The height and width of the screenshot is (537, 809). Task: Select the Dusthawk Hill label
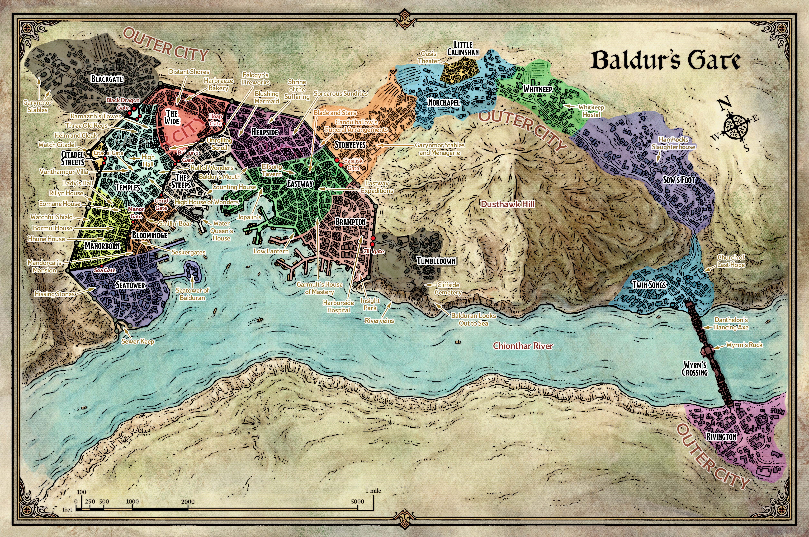[507, 204]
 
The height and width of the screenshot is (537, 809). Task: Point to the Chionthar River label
[523, 346]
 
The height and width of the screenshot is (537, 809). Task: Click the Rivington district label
[721, 437]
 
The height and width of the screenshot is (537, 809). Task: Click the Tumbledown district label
[436, 261]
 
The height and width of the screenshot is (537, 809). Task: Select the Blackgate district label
[107, 79]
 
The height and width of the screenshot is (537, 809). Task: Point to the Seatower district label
[130, 285]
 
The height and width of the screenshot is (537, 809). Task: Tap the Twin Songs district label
[649, 285]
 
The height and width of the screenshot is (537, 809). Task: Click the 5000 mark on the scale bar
[357, 501]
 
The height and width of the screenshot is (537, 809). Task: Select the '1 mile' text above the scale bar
[373, 491]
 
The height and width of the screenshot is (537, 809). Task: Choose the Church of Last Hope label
[731, 261]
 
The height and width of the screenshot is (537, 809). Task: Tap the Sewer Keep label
[138, 341]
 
